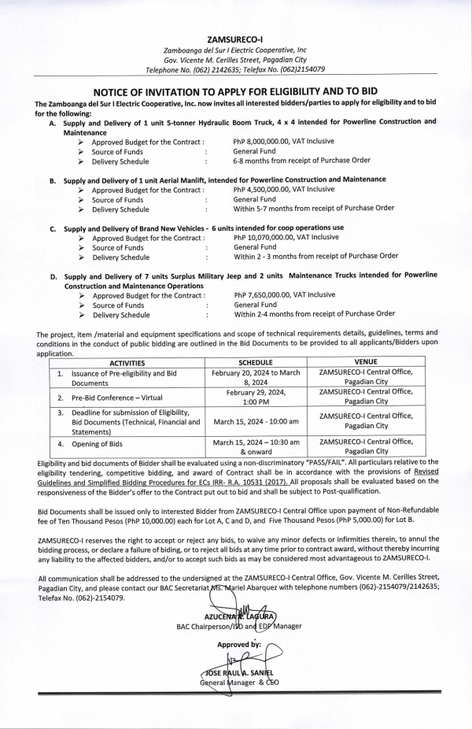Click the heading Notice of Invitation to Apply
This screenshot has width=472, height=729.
pos(235,91)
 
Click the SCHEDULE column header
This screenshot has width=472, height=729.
pos(256,362)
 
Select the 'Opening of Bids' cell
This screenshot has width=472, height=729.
pos(98,446)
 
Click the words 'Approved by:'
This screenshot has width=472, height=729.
pos(239,644)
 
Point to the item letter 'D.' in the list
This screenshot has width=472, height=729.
pos(53,277)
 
